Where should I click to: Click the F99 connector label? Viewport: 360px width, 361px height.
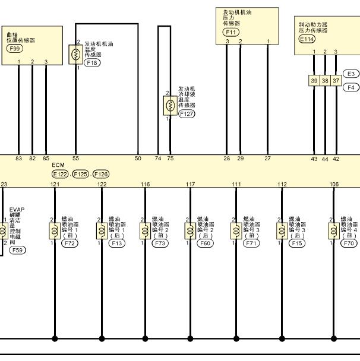[15, 49]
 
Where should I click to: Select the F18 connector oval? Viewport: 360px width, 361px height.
[92, 63]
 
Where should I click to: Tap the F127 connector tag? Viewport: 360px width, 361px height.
[187, 114]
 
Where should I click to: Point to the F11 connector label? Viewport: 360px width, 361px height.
[231, 32]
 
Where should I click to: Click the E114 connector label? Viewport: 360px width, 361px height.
[307, 39]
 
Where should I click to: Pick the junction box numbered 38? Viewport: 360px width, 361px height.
[325, 81]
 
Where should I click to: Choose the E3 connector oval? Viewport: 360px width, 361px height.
[350, 74]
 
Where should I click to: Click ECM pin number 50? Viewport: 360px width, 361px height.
[138, 159]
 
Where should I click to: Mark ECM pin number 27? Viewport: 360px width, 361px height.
[267, 159]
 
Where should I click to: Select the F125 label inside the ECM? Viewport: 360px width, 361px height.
[81, 174]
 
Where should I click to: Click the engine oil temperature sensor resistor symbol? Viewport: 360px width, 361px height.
[76, 55]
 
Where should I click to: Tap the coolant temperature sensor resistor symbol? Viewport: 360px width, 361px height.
[170, 106]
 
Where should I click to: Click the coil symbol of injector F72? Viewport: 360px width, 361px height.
[55, 231]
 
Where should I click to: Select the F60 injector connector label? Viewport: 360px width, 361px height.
[205, 243]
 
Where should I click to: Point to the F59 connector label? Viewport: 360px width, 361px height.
[17, 250]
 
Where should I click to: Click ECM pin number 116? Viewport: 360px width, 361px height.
[145, 184]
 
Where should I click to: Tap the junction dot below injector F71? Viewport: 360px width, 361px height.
[236, 338]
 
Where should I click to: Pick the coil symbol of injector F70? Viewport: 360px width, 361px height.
[334, 231]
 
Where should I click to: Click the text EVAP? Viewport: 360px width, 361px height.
[17, 210]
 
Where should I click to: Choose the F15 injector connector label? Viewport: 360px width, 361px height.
[297, 243]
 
